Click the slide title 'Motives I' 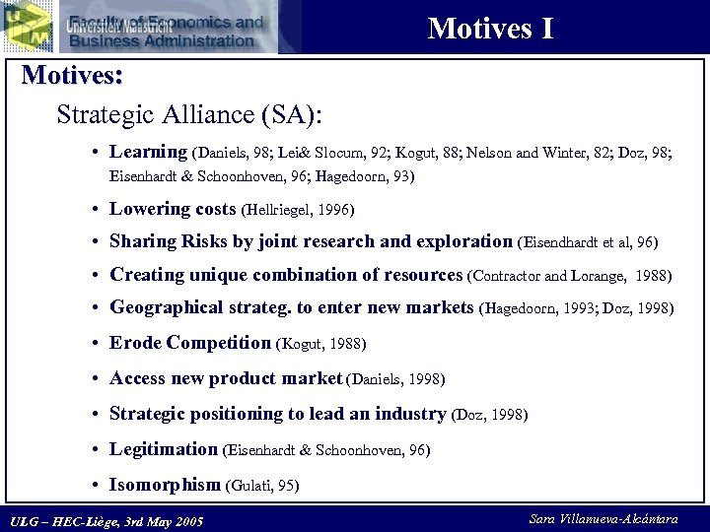(490, 29)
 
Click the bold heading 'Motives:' (72, 76)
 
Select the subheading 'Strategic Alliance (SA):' (189, 114)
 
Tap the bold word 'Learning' (148, 152)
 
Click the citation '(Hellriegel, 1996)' (297, 210)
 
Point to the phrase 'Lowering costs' (173, 209)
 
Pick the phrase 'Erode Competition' (189, 343)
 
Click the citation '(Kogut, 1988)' (320, 345)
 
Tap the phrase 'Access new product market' (226, 378)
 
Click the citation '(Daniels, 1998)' (395, 379)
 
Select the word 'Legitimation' (163, 449)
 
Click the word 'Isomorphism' (165, 484)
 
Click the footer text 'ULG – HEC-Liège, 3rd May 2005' (106, 520)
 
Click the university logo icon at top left (27, 26)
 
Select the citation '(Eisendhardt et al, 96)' (587, 242)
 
